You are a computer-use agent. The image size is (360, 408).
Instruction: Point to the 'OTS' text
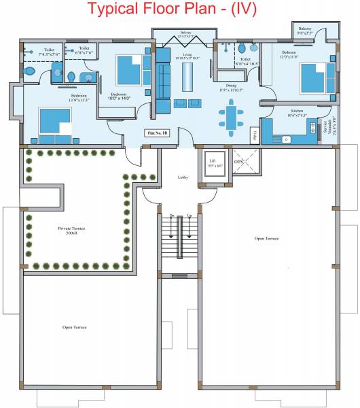238,162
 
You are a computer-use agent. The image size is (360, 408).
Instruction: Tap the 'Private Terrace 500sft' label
67,230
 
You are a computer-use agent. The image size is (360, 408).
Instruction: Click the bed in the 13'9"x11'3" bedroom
54,122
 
